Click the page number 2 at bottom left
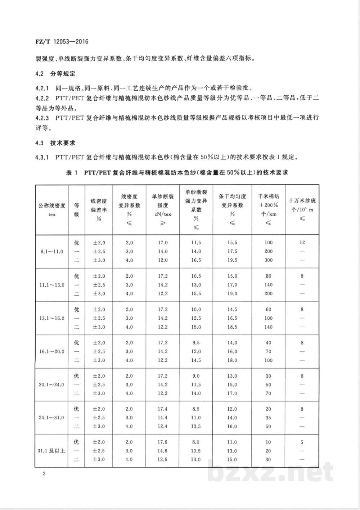pos(44,473)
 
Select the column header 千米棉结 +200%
pos(268,209)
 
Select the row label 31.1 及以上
pos(52,451)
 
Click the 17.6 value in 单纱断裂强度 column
pos(163,442)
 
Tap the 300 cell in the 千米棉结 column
pos(268,260)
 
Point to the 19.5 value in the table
pos(232,260)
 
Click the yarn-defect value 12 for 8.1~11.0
pos(302,242)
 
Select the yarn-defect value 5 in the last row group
pos(302,442)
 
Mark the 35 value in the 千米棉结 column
pos(269,418)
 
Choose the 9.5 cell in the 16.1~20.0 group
pos(196,343)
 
